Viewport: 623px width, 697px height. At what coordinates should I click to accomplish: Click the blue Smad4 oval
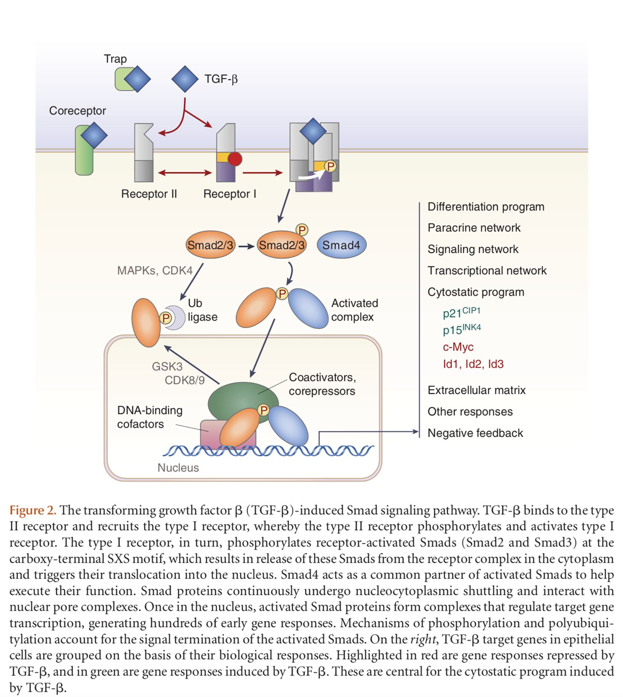pos(341,245)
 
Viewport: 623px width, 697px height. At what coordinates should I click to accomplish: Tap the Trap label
pos(115,59)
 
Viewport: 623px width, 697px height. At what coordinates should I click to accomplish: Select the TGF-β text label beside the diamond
pos(221,79)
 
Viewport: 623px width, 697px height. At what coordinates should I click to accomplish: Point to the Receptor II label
pos(149,194)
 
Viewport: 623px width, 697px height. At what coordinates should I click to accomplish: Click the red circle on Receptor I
pos(235,159)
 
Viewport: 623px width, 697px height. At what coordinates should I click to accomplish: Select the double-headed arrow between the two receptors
pos(185,173)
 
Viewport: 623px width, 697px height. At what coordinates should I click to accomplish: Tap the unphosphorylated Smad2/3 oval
pos(210,245)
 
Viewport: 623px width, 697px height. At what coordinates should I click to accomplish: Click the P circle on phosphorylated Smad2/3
pos(302,230)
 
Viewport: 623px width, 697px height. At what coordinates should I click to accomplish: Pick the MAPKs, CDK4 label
pos(154,270)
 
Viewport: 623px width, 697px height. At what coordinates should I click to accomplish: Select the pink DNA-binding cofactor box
pos(210,432)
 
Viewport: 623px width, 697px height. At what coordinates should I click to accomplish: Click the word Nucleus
pos(178,468)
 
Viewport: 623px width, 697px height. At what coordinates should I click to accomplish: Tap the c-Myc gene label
pos(458,347)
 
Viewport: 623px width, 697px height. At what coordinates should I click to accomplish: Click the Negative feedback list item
pos(475,433)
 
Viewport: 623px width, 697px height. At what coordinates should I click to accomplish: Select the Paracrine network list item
pos(474,228)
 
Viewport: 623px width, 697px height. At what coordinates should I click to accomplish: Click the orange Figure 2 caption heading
pos(33,510)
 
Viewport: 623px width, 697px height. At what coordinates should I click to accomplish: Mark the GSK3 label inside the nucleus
pos(167,366)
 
